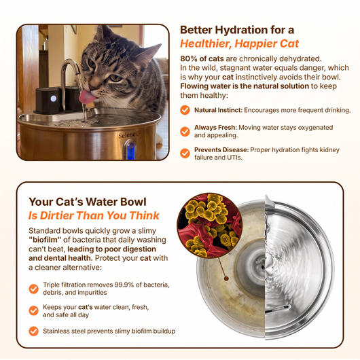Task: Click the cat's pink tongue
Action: (87, 96)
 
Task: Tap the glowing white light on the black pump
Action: (53, 98)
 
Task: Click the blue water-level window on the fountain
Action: (130, 151)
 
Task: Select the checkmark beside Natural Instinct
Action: (185, 110)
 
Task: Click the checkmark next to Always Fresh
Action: (185, 132)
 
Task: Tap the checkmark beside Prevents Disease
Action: (185, 154)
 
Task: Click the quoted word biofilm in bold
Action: (45, 240)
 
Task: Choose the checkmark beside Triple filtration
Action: (33, 289)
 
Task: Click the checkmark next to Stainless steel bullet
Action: (33, 331)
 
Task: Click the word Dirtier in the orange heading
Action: (57, 215)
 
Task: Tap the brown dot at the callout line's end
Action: (226, 278)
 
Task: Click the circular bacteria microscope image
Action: (209, 226)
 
